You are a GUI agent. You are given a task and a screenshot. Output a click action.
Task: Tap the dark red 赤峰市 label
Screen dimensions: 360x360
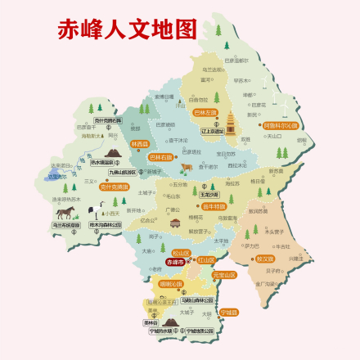pos(176,263)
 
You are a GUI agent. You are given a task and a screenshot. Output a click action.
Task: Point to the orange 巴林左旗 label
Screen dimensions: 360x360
pos(205,112)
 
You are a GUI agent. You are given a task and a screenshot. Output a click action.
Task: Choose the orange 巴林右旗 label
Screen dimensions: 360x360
pos(161,155)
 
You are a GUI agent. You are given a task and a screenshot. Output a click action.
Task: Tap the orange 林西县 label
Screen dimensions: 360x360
pos(128,143)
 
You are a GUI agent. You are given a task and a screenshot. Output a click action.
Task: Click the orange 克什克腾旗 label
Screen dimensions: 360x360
pos(114,187)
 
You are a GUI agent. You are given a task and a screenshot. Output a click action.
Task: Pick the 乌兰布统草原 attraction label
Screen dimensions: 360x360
pos(65,224)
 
